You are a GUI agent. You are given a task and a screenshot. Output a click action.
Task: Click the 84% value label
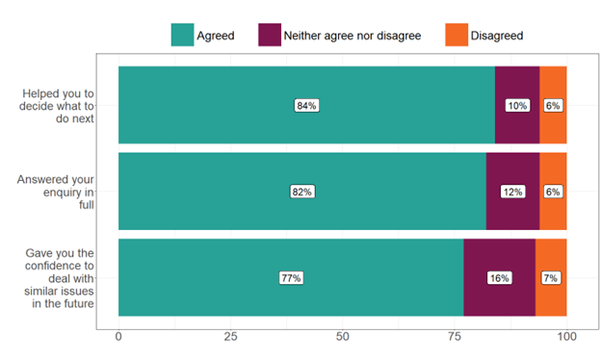[x=306, y=105]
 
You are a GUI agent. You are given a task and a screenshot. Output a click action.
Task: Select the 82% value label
[x=302, y=192]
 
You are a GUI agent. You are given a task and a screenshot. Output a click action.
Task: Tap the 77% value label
[x=291, y=278]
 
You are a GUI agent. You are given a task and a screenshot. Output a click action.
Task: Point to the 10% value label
[x=517, y=105]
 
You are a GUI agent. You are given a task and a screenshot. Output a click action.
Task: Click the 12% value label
[x=512, y=192]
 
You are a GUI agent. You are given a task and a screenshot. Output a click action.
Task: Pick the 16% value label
[x=499, y=278]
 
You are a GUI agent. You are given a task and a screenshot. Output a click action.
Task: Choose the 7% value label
[x=551, y=278]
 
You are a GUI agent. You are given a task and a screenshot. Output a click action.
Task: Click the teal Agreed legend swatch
[x=182, y=35]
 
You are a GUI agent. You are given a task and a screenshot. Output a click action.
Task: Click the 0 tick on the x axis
[x=118, y=336]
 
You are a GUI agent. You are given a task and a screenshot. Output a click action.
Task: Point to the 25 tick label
[x=230, y=336]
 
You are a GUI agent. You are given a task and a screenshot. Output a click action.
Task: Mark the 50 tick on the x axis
[x=342, y=336]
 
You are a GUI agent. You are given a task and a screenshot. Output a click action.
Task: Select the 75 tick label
[x=454, y=336]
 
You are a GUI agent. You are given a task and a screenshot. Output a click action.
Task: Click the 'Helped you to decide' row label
[x=62, y=105]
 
